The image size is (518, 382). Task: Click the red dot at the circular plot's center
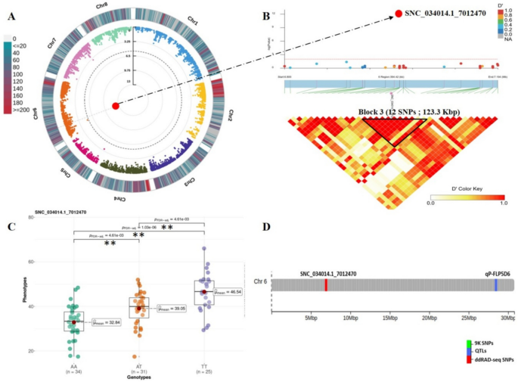pos(116,106)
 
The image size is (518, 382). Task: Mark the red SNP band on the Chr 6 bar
pos(326,284)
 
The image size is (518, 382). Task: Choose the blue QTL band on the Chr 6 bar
pos(495,284)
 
